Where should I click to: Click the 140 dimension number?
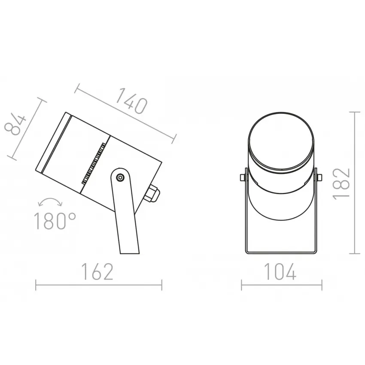click(131, 101)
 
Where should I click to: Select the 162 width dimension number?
click(98, 272)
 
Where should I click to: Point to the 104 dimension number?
click(280, 272)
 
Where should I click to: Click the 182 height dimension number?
click(342, 183)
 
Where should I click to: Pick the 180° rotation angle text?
click(55, 221)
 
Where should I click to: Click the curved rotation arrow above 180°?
click(50, 201)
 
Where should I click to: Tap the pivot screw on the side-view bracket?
click(120, 178)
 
